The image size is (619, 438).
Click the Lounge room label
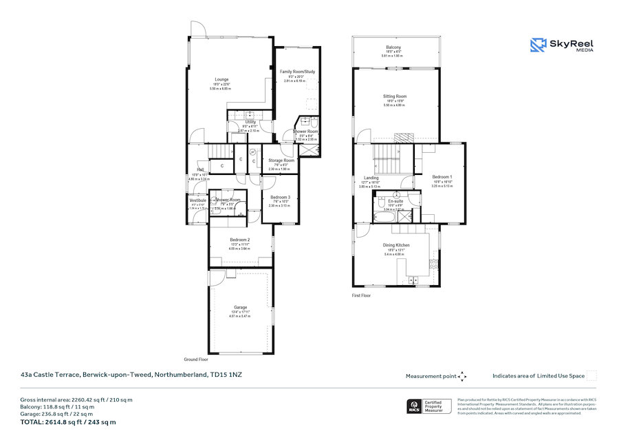pyautogui.click(x=221, y=79)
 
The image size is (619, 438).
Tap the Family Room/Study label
pyautogui.click(x=297, y=71)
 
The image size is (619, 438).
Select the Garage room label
pyautogui.click(x=240, y=307)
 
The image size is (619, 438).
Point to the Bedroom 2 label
pyautogui.click(x=240, y=240)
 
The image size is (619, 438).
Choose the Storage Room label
pyautogui.click(x=281, y=160)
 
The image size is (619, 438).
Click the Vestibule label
pyautogui.click(x=198, y=200)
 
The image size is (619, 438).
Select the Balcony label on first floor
pyautogui.click(x=393, y=47)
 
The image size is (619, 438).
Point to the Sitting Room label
pyautogui.click(x=395, y=96)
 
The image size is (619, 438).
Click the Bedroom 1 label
pyautogui.click(x=442, y=177)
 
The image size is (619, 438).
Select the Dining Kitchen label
pyautogui.click(x=396, y=245)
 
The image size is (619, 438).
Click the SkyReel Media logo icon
pyautogui.click(x=538, y=45)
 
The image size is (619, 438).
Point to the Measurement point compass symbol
pyautogui.click(x=462, y=376)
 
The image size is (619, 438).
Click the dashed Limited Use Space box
pyautogui.click(x=591, y=375)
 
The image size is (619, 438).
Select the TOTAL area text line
pyautogui.click(x=69, y=421)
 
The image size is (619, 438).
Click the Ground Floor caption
pyautogui.click(x=196, y=359)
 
